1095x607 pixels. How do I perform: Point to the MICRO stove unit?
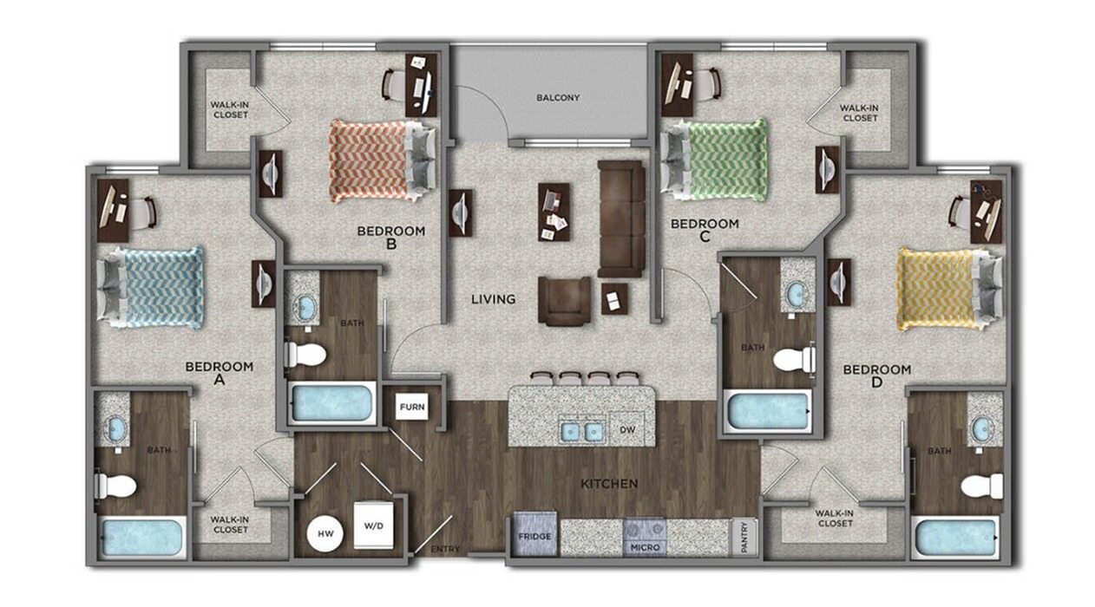tap(644, 537)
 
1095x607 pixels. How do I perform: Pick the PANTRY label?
tap(744, 536)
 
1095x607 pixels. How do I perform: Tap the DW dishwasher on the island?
tap(626, 428)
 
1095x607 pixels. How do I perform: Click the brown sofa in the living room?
tap(621, 218)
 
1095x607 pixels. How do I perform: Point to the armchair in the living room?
tap(564, 300)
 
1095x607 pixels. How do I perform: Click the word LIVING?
tap(493, 299)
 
